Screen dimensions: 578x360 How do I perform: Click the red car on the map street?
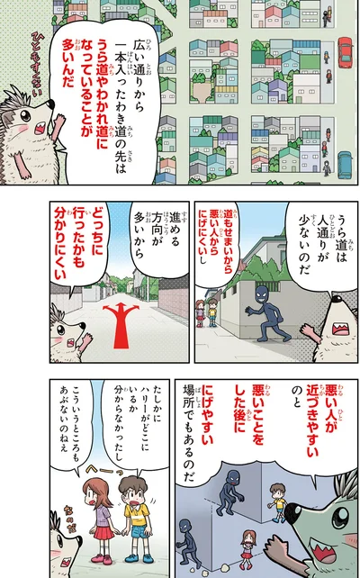[x=345, y=50]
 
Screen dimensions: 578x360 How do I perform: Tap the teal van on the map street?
[x=345, y=165]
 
